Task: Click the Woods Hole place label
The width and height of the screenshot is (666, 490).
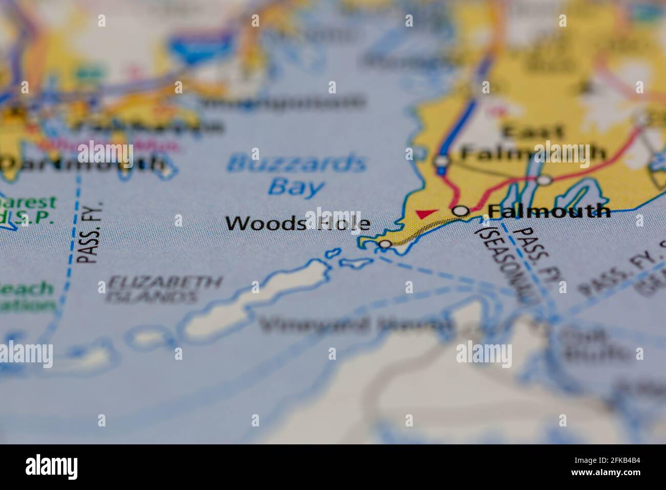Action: (298, 223)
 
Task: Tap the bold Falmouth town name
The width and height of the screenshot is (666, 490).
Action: (549, 211)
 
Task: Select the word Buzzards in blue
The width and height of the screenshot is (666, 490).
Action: (297, 165)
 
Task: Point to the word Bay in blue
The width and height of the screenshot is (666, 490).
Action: (297, 187)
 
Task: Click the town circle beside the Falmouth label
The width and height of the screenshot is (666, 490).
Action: (462, 211)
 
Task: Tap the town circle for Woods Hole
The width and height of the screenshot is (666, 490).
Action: (385, 244)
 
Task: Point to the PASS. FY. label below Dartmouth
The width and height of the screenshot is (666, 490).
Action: (89, 233)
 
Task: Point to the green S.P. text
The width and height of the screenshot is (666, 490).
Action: (36, 218)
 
